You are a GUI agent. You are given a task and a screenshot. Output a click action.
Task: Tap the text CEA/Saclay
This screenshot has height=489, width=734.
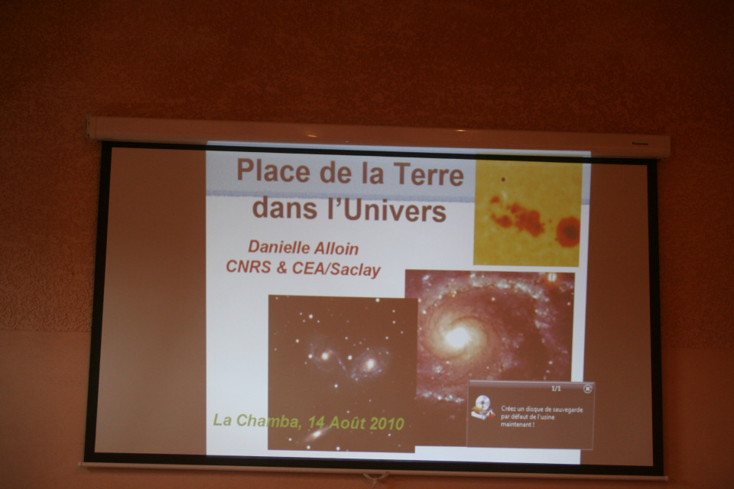coord(336,270)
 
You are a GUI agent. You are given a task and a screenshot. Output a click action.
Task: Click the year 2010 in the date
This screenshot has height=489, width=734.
coord(387,423)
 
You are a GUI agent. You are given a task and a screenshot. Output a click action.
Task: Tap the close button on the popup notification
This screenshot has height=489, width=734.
coord(587,388)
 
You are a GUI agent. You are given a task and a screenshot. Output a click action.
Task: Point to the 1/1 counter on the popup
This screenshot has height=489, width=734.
coord(556,388)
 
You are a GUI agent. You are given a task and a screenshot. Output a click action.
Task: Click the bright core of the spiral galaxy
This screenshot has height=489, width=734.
coord(457,335)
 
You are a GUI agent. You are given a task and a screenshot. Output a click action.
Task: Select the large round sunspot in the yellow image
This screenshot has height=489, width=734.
coord(569,232)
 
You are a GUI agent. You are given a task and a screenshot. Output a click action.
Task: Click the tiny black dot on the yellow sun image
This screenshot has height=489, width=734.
coord(503,179)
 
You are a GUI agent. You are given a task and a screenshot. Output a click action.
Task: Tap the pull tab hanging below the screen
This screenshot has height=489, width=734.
coord(375,478)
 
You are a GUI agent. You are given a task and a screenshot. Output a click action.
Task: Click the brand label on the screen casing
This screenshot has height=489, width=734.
coord(639,144)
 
